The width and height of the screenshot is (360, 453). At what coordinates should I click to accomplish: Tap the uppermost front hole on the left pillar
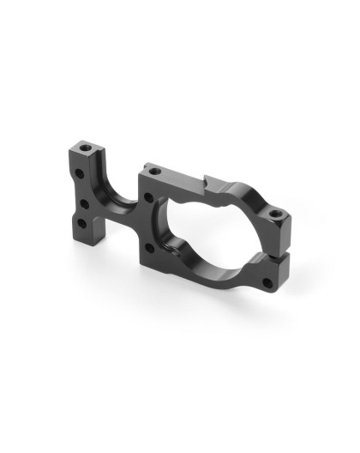(79, 174)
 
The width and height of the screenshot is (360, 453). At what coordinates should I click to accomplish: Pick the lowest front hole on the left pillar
(81, 223)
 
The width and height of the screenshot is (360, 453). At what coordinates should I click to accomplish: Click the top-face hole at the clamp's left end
(153, 172)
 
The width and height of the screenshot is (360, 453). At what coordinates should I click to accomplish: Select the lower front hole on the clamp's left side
(152, 248)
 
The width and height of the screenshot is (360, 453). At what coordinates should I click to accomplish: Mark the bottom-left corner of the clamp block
(146, 262)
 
